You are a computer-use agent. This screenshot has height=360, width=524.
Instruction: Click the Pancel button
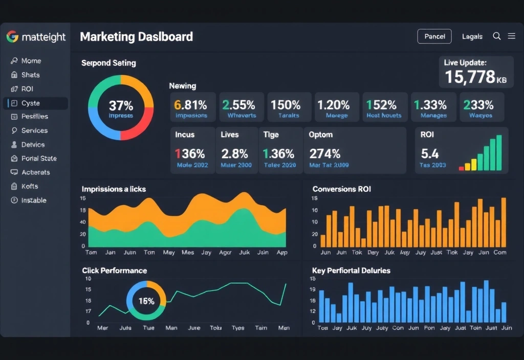434,36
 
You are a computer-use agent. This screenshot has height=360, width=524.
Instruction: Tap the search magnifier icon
496,36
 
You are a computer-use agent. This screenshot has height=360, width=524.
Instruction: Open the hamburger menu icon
511,36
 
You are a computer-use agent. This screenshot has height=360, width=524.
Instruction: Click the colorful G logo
12,37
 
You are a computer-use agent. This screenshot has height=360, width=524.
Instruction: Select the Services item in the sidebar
34,130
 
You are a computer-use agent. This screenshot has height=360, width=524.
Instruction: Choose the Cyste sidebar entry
31,103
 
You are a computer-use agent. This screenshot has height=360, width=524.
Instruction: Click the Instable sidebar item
34,200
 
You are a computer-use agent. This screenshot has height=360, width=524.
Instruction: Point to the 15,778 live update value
469,77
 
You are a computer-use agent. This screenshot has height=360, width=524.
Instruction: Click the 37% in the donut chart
121,106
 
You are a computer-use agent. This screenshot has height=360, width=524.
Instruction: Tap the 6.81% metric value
191,105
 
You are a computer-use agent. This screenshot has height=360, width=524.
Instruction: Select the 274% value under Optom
325,153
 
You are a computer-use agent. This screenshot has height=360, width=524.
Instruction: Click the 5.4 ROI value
430,153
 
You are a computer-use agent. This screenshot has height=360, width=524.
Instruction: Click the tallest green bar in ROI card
499,152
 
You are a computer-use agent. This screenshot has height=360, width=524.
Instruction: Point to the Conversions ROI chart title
341,189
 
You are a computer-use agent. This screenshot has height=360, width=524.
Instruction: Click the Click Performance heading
114,271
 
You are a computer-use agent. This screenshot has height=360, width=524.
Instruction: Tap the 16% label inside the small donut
146,301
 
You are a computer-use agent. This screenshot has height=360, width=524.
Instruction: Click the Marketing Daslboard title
136,37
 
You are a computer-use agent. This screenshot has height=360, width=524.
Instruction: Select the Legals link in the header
472,36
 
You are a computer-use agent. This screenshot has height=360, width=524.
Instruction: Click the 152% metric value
381,105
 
